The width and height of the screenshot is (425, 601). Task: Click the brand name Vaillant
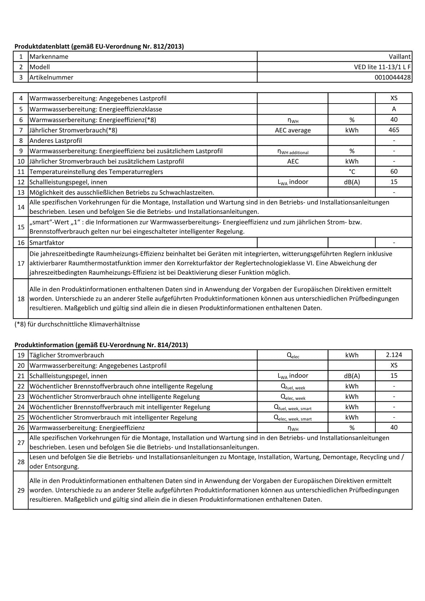(x=400, y=57)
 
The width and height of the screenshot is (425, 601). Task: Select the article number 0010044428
(x=393, y=77)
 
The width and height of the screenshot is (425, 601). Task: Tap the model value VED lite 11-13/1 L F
(x=382, y=67)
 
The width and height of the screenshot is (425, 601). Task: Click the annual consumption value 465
(x=394, y=130)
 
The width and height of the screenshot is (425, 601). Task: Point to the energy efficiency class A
(x=394, y=109)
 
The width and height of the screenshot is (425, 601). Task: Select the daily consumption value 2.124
(x=394, y=355)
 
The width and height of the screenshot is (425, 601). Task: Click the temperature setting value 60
(x=394, y=171)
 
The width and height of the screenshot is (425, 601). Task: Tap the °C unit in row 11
(x=352, y=172)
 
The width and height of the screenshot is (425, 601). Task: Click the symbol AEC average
(x=292, y=130)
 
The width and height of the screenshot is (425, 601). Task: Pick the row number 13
(x=21, y=192)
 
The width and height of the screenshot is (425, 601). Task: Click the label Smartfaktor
(x=47, y=243)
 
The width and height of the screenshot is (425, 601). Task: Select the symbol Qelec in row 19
(x=292, y=356)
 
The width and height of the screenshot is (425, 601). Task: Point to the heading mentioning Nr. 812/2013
(x=99, y=46)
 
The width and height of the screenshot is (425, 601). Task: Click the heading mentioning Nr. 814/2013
(x=101, y=345)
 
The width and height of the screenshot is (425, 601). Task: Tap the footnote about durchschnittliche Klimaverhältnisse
(x=77, y=324)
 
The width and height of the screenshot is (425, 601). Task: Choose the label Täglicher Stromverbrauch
(x=67, y=355)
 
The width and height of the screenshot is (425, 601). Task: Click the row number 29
(x=21, y=490)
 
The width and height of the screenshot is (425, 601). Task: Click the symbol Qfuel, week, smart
(x=292, y=407)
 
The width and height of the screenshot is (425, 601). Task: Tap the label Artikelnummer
(x=51, y=77)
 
